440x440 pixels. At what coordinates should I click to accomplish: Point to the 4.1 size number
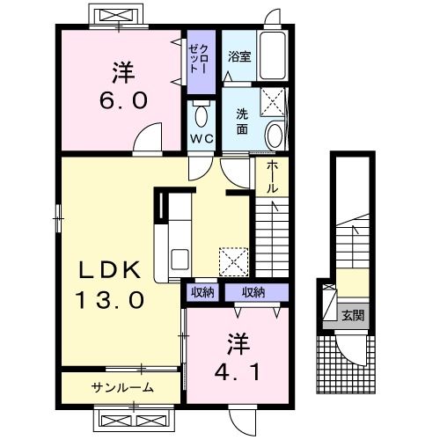(235, 371)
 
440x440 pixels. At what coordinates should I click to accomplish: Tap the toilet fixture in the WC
(202, 115)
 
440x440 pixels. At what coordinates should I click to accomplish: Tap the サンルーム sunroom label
(122, 387)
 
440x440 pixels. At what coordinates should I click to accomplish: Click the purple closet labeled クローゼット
(195, 60)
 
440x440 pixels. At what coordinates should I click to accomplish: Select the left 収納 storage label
(202, 292)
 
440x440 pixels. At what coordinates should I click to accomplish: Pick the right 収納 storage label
(253, 292)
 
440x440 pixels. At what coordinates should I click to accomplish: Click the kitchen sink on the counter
(180, 260)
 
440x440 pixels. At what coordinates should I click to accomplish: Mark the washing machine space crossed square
(274, 105)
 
